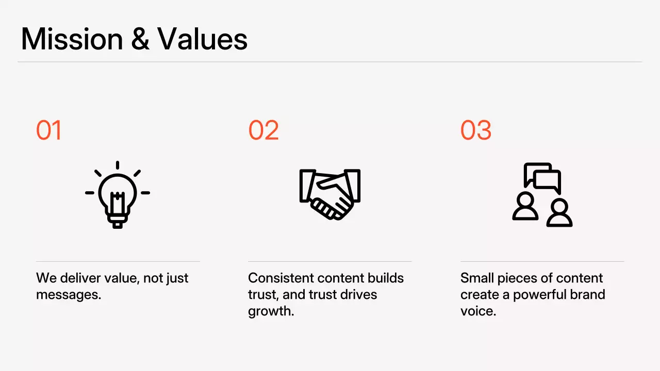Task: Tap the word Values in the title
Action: pos(202,39)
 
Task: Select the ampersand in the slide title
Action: pos(140,39)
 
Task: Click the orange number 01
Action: pos(49,130)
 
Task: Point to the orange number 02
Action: pos(263,130)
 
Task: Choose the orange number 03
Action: pos(476,130)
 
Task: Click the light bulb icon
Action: pos(118,194)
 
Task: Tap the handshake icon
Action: pos(330,193)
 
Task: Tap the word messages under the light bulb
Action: pos(67,295)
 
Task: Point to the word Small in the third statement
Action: pos(477,278)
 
